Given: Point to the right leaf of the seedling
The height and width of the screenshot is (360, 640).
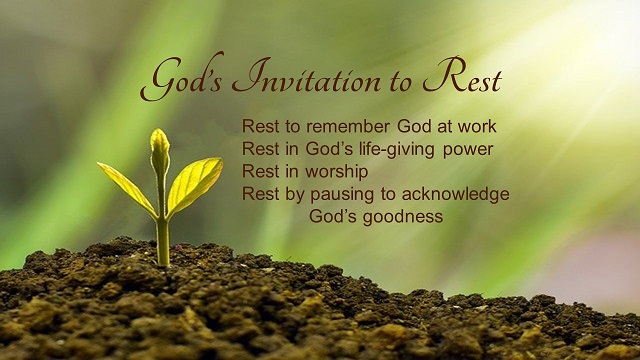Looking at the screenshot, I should pos(194,183).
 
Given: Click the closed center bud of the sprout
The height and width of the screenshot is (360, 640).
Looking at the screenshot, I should pos(159,151).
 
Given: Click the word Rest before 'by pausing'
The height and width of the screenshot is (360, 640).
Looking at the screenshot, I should pos(259,194).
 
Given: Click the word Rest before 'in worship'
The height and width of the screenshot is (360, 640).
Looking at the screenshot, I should pos(259,172).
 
